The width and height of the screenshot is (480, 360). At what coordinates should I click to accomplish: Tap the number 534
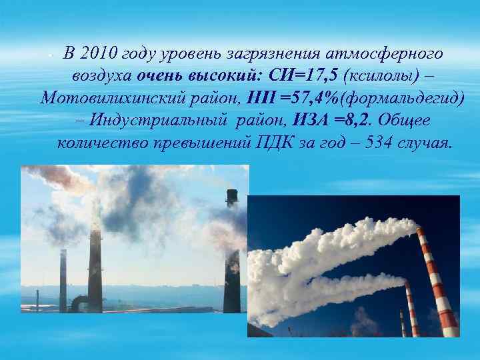pos(376,143)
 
